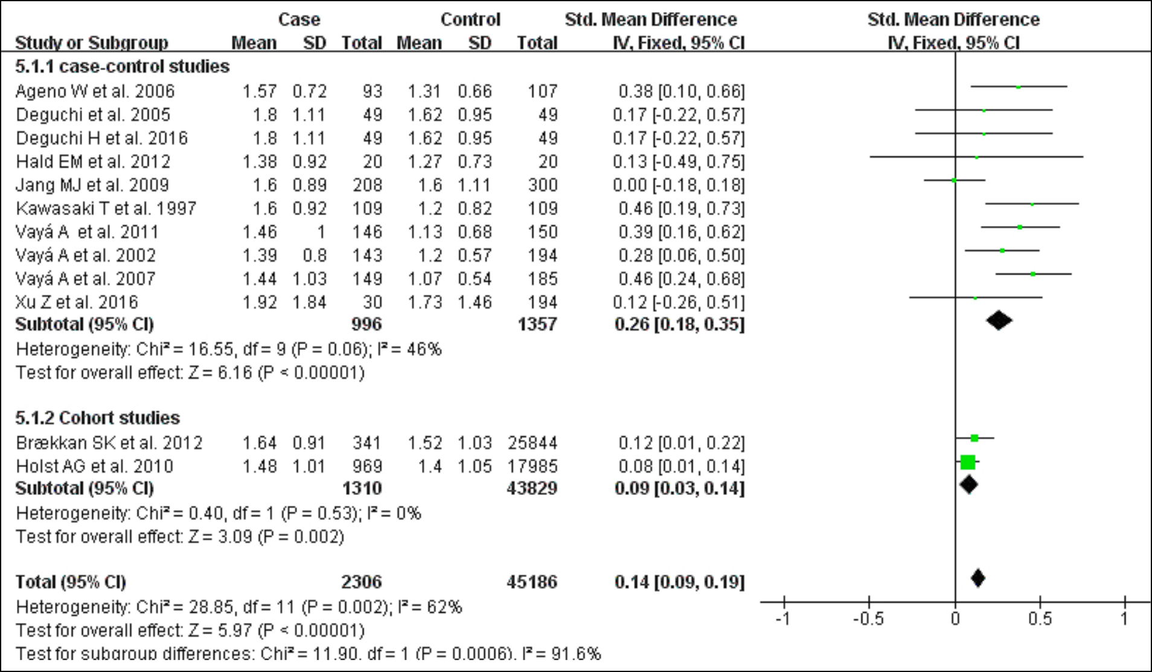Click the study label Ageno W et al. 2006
pos(95,91)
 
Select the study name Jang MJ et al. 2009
pos(92,185)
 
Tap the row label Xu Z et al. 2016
pos(77,302)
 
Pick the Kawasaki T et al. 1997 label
pos(106,208)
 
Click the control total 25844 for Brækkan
pos(532,443)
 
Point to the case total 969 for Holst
pos(367,467)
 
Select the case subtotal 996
pos(366,325)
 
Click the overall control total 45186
pos(532,582)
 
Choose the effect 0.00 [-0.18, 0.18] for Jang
pos(679,185)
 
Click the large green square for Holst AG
pos(968,462)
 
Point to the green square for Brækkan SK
pos(974,438)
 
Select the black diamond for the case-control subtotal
pos(999,320)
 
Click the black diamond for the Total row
pos(978,578)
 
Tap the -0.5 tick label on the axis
pos(868,619)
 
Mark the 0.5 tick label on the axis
pos(1040,619)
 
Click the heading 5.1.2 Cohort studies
pos(97,418)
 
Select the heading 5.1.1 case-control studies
pos(122,66)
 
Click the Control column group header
pos(470,20)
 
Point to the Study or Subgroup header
pos(91,43)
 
